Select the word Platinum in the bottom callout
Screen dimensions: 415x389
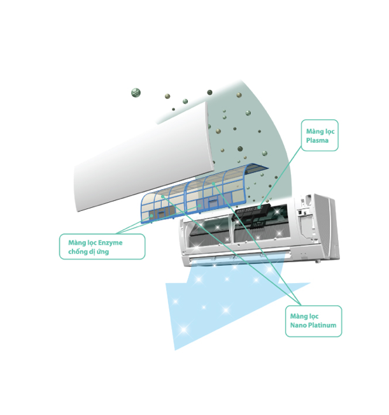coord(321,326)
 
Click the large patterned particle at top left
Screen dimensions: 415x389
coord(136,92)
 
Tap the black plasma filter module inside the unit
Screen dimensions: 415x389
coord(258,217)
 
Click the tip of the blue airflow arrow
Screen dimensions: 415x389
coord(176,348)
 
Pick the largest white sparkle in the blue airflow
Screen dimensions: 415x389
coord(185,329)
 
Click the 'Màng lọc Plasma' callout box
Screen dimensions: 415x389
coord(320,135)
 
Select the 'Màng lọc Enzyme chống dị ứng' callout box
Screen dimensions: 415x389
coord(102,247)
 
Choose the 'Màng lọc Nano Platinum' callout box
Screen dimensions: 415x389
coord(313,321)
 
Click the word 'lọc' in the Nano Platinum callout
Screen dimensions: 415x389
coord(314,316)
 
